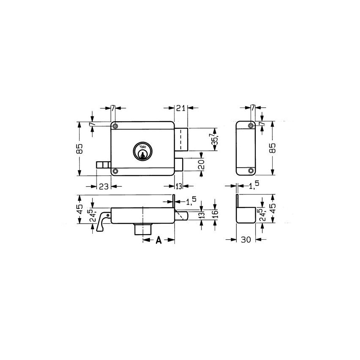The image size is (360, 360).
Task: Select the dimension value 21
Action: point(181,109)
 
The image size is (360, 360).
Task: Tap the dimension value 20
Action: point(202,164)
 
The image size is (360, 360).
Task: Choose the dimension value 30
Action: point(246,240)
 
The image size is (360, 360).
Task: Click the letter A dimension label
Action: point(158,240)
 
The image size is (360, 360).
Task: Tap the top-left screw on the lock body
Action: point(115,126)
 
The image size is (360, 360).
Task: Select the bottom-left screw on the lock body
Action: point(115,171)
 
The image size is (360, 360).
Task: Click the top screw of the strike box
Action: point(251,126)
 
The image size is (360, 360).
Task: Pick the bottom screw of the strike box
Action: point(251,171)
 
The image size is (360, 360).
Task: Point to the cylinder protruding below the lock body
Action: point(144,229)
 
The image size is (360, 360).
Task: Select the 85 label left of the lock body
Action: point(80,149)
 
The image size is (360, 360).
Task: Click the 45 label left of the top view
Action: point(80,209)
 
